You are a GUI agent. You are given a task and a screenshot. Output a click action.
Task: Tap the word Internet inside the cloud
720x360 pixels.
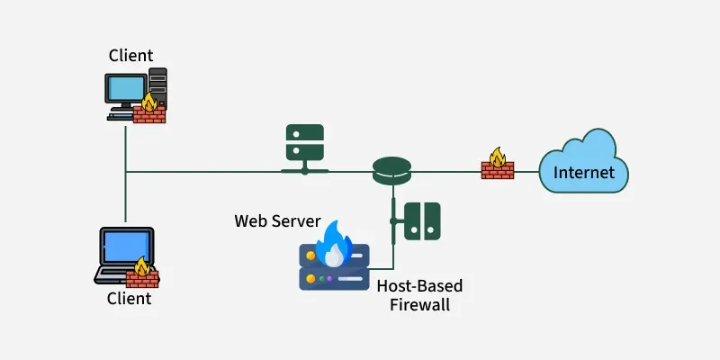coord(584,172)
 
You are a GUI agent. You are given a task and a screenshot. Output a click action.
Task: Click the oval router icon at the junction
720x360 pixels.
coord(391,168)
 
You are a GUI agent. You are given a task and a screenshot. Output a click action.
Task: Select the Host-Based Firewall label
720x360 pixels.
coord(419,295)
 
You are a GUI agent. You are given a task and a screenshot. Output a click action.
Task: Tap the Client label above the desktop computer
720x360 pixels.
coord(131,55)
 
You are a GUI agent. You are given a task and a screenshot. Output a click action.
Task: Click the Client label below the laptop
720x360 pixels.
coord(130,298)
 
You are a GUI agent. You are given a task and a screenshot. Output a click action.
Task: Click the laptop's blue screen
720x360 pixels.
coord(125,246)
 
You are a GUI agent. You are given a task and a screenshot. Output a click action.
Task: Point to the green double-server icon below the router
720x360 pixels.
coord(421,220)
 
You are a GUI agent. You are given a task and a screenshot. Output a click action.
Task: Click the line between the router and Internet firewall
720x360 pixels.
coord(445,169)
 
